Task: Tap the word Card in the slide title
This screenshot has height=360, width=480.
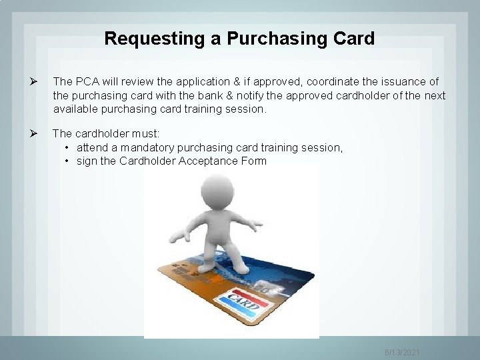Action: [353, 39]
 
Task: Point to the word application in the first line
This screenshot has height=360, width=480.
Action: [195, 81]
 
